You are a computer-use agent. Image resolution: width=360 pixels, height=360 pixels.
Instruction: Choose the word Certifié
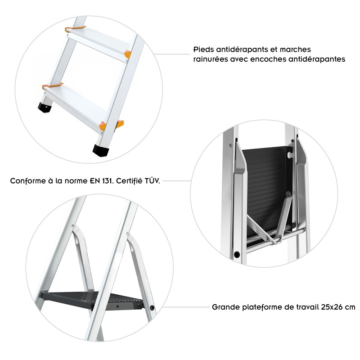pyautogui.click(x=125, y=182)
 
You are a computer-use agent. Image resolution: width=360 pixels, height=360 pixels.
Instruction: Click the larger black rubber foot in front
pyautogui.click(x=101, y=150)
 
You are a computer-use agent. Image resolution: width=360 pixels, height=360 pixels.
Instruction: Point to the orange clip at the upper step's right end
pyautogui.click(x=128, y=54)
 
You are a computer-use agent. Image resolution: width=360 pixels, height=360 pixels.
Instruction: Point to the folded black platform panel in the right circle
pyautogui.click(x=265, y=184)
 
